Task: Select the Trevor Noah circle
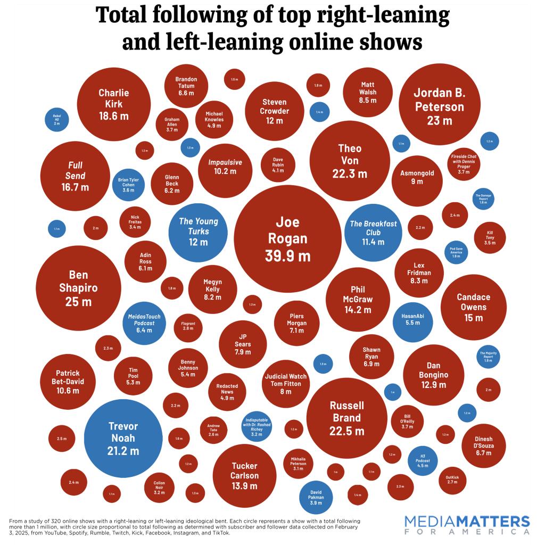click(x=123, y=438)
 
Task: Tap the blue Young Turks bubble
click(x=198, y=232)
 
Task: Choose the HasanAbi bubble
click(x=412, y=319)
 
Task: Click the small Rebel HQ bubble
click(x=57, y=119)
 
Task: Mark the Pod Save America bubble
click(x=456, y=252)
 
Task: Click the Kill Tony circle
click(x=490, y=237)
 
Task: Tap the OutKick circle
click(x=452, y=480)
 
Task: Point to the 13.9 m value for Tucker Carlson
click(x=244, y=486)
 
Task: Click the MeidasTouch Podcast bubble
click(x=144, y=323)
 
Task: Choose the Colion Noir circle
click(x=159, y=488)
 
